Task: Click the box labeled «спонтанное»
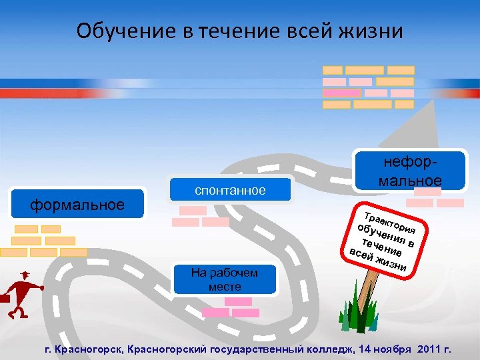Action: point(230,191)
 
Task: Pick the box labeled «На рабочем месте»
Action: point(224,279)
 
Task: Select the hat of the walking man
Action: point(24,275)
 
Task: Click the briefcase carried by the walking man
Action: point(5,299)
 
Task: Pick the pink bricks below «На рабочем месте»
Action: point(231,307)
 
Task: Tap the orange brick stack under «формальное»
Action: point(43,241)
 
